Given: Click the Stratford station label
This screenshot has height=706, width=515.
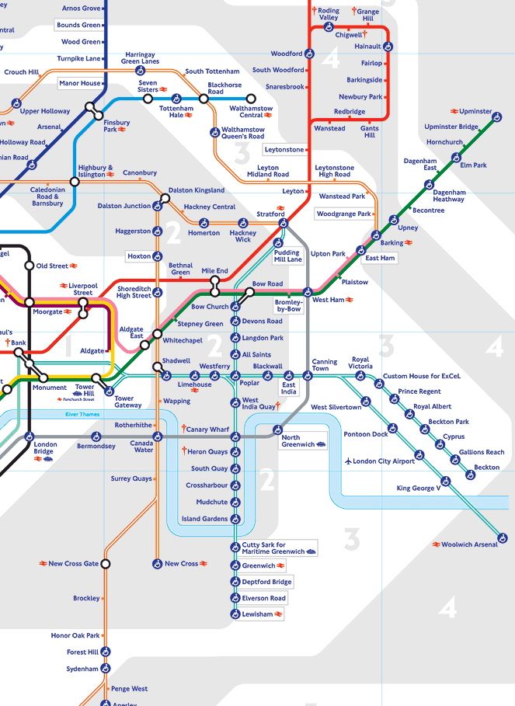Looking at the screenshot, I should pyautogui.click(x=270, y=214).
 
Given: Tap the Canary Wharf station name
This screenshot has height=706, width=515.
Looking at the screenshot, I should pyautogui.click(x=209, y=430).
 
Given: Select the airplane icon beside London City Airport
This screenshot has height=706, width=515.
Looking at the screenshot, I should pyautogui.click(x=347, y=461).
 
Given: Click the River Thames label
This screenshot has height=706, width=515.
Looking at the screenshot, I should pyautogui.click(x=83, y=415).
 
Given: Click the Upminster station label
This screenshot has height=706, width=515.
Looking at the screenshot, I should pyautogui.click(x=475, y=111).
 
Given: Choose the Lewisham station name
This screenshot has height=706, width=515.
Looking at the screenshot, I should pyautogui.click(x=257, y=614).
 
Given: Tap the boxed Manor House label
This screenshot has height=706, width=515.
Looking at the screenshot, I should pyautogui.click(x=80, y=83).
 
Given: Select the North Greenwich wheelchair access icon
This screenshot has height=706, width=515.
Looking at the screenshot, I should pyautogui.click(x=276, y=429).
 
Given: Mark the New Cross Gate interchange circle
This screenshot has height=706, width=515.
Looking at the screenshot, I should pyautogui.click(x=106, y=563).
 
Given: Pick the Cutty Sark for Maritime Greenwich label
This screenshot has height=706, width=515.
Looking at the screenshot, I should pyautogui.click(x=274, y=548).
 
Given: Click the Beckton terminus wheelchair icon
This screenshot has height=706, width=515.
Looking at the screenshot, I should pyautogui.click(x=471, y=477).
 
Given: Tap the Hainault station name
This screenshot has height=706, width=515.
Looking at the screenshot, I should pyautogui.click(x=367, y=47).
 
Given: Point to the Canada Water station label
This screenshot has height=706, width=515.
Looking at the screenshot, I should pyautogui.click(x=143, y=446).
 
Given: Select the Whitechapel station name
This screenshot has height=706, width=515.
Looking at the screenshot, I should pyautogui.click(x=183, y=340).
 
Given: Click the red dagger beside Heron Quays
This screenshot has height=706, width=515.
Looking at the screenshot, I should pyautogui.click(x=183, y=451).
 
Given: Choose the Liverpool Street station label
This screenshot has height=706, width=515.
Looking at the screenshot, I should pyautogui.click(x=82, y=289).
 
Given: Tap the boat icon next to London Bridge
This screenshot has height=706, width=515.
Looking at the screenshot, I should pyautogui.click(x=48, y=459).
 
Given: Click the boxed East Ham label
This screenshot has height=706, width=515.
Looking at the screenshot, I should pyautogui.click(x=380, y=258).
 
